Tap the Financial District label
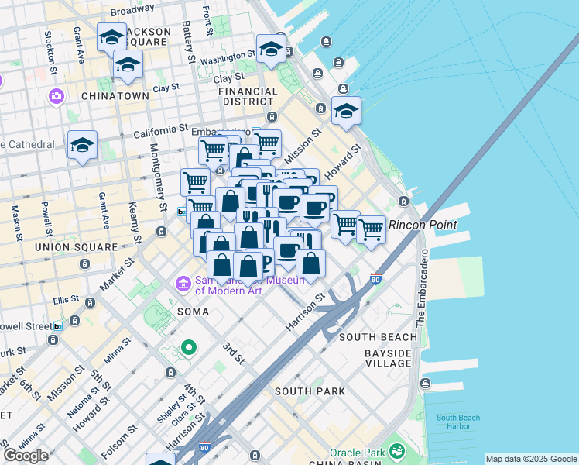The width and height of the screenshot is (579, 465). tap(248, 96)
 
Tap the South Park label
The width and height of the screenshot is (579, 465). tap(310, 391)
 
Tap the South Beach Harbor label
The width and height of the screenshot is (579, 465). tap(457, 422)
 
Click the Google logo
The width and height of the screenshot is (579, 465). tap(26, 456)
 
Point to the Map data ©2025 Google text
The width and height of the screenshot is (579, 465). tap(531, 459)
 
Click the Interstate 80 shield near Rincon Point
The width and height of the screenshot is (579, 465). tap(375, 278)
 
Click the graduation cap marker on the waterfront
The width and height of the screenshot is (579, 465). tap(346, 111)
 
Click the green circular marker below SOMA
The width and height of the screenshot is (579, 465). tap(187, 348)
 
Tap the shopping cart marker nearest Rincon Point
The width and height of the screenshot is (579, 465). tap(372, 229)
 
